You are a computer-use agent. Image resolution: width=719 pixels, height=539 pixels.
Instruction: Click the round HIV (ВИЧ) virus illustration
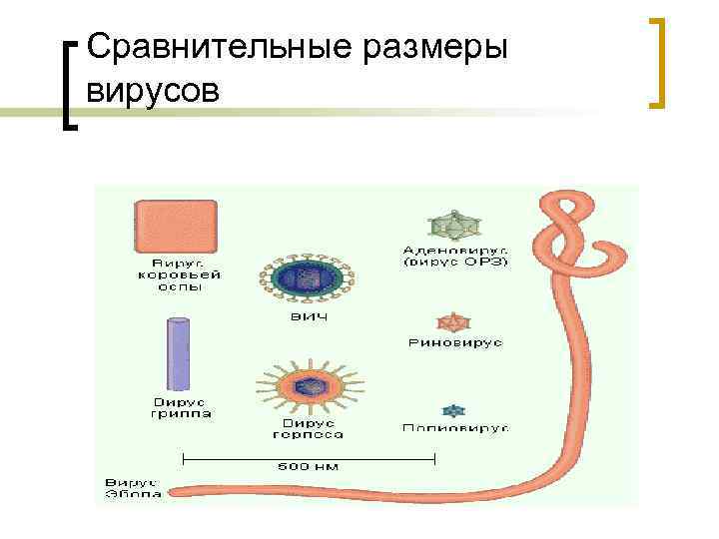[x=308, y=275]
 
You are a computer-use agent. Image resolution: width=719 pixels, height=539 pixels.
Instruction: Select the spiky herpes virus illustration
[x=308, y=385]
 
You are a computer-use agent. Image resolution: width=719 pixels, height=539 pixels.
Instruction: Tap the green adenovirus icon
[x=454, y=225]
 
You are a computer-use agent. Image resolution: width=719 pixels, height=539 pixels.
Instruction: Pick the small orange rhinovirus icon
[x=454, y=322]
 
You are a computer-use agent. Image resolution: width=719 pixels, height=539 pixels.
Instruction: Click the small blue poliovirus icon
[x=454, y=410]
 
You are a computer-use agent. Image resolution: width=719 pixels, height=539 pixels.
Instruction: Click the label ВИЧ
[x=309, y=317]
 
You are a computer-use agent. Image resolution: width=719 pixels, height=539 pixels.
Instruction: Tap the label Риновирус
[x=455, y=342]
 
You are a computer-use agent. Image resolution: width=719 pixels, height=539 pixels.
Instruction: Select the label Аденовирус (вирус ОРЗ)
[x=455, y=256]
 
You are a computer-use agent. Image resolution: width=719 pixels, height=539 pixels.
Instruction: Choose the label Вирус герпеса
[x=308, y=428]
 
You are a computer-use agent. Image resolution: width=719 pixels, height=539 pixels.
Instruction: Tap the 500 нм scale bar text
[x=308, y=466]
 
